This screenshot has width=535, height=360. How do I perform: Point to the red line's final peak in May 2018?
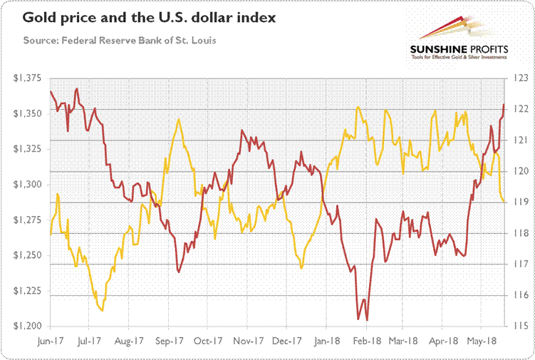[504, 105]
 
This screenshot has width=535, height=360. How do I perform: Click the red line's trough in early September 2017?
[178, 272]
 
